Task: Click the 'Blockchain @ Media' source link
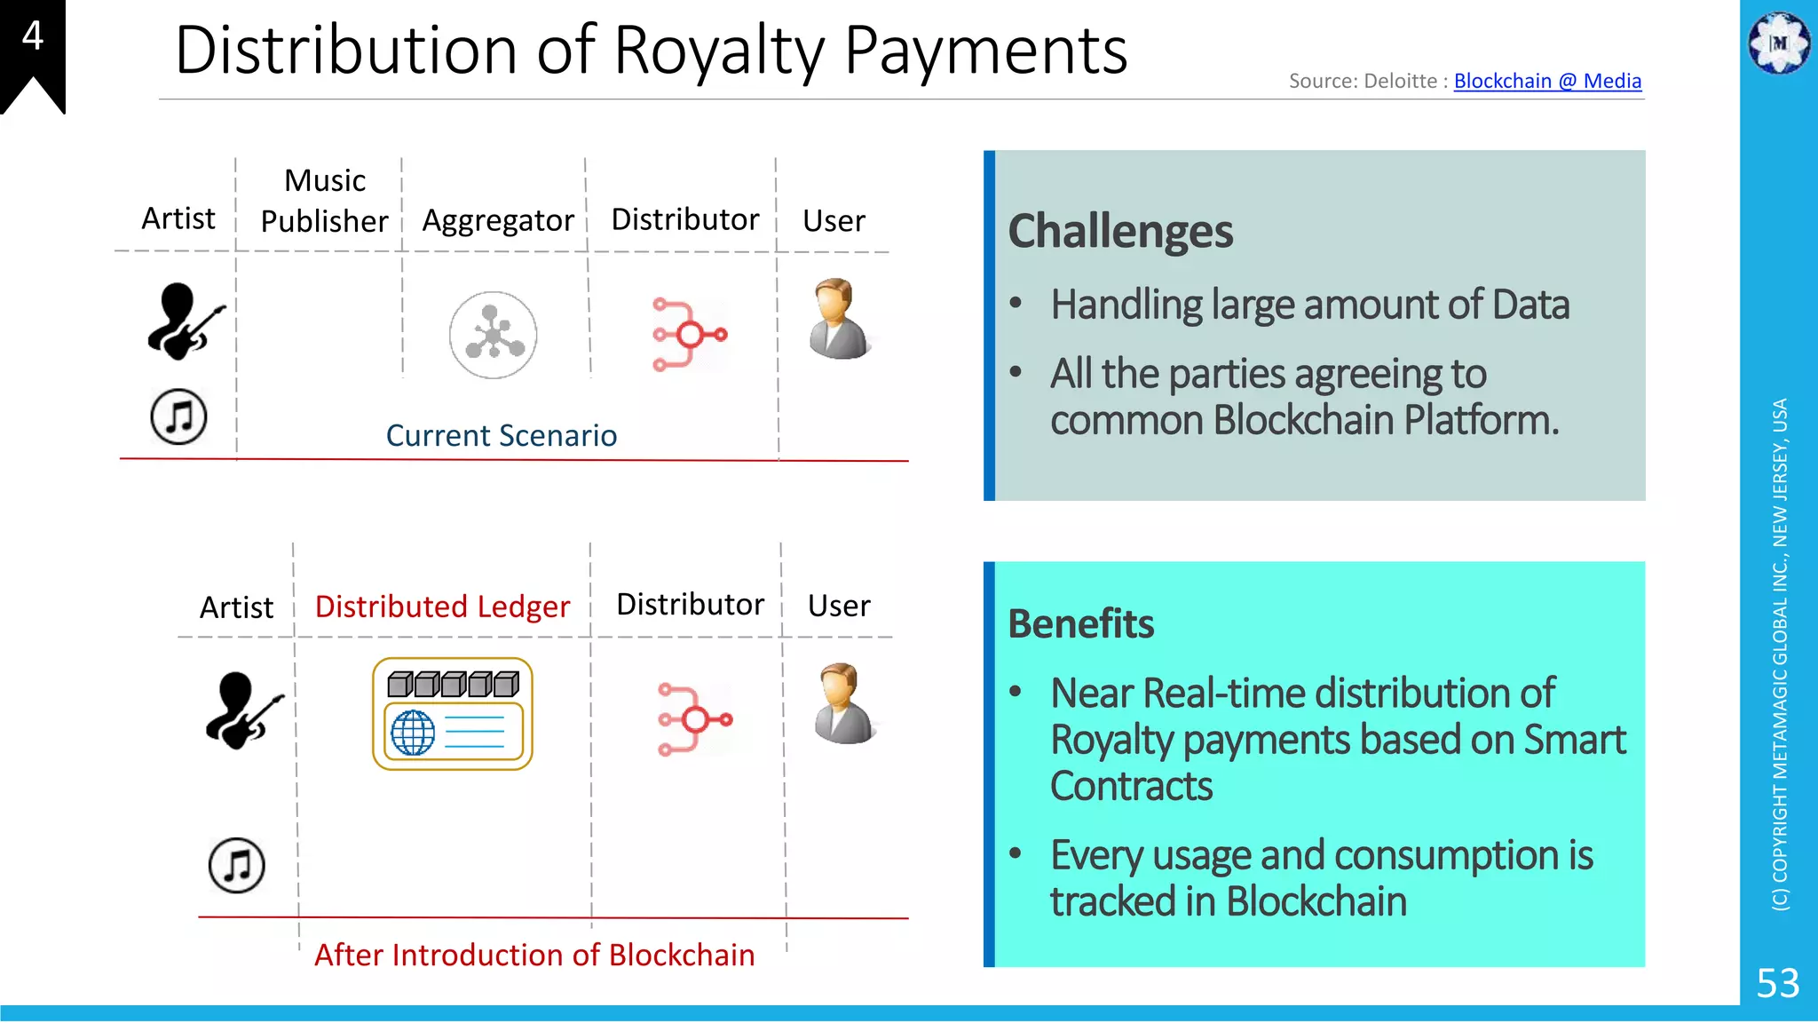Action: click(x=1547, y=81)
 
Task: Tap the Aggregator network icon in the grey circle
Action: click(x=493, y=335)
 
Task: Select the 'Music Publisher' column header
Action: click(x=325, y=201)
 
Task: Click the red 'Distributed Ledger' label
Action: click(x=442, y=607)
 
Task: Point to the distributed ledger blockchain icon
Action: click(x=453, y=714)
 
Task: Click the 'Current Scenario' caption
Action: click(x=502, y=436)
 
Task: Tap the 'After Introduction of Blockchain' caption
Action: click(x=534, y=955)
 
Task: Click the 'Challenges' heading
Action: click(x=1120, y=232)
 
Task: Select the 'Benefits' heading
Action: click(x=1081, y=624)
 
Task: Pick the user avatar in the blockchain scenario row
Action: click(x=843, y=703)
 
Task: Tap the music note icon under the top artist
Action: click(x=178, y=416)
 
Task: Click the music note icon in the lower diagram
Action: click(x=237, y=865)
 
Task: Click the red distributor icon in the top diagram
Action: click(x=689, y=335)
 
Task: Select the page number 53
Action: click(x=1777, y=983)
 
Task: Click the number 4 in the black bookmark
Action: click(x=33, y=36)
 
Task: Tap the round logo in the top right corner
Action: click(x=1779, y=43)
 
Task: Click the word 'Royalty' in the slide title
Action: click(x=719, y=51)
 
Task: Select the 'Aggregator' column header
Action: click(x=498, y=220)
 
